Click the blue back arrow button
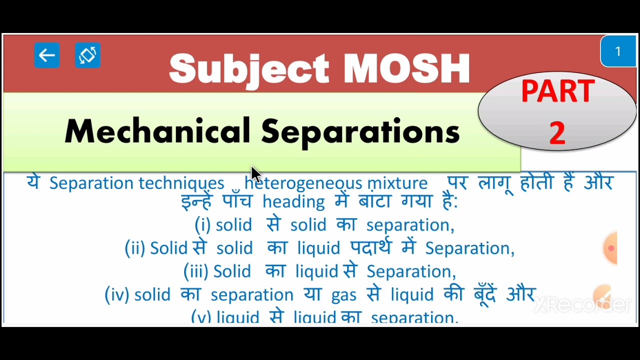[47, 55]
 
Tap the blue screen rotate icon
[87, 55]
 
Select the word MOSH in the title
[406, 68]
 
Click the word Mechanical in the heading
[157, 131]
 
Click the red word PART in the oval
[557, 91]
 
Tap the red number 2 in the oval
[557, 133]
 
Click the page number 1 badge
[618, 51]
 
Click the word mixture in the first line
[397, 183]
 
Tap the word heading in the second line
[293, 202]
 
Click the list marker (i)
[202, 225]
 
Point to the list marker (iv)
[117, 295]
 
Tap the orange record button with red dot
[610, 248]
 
